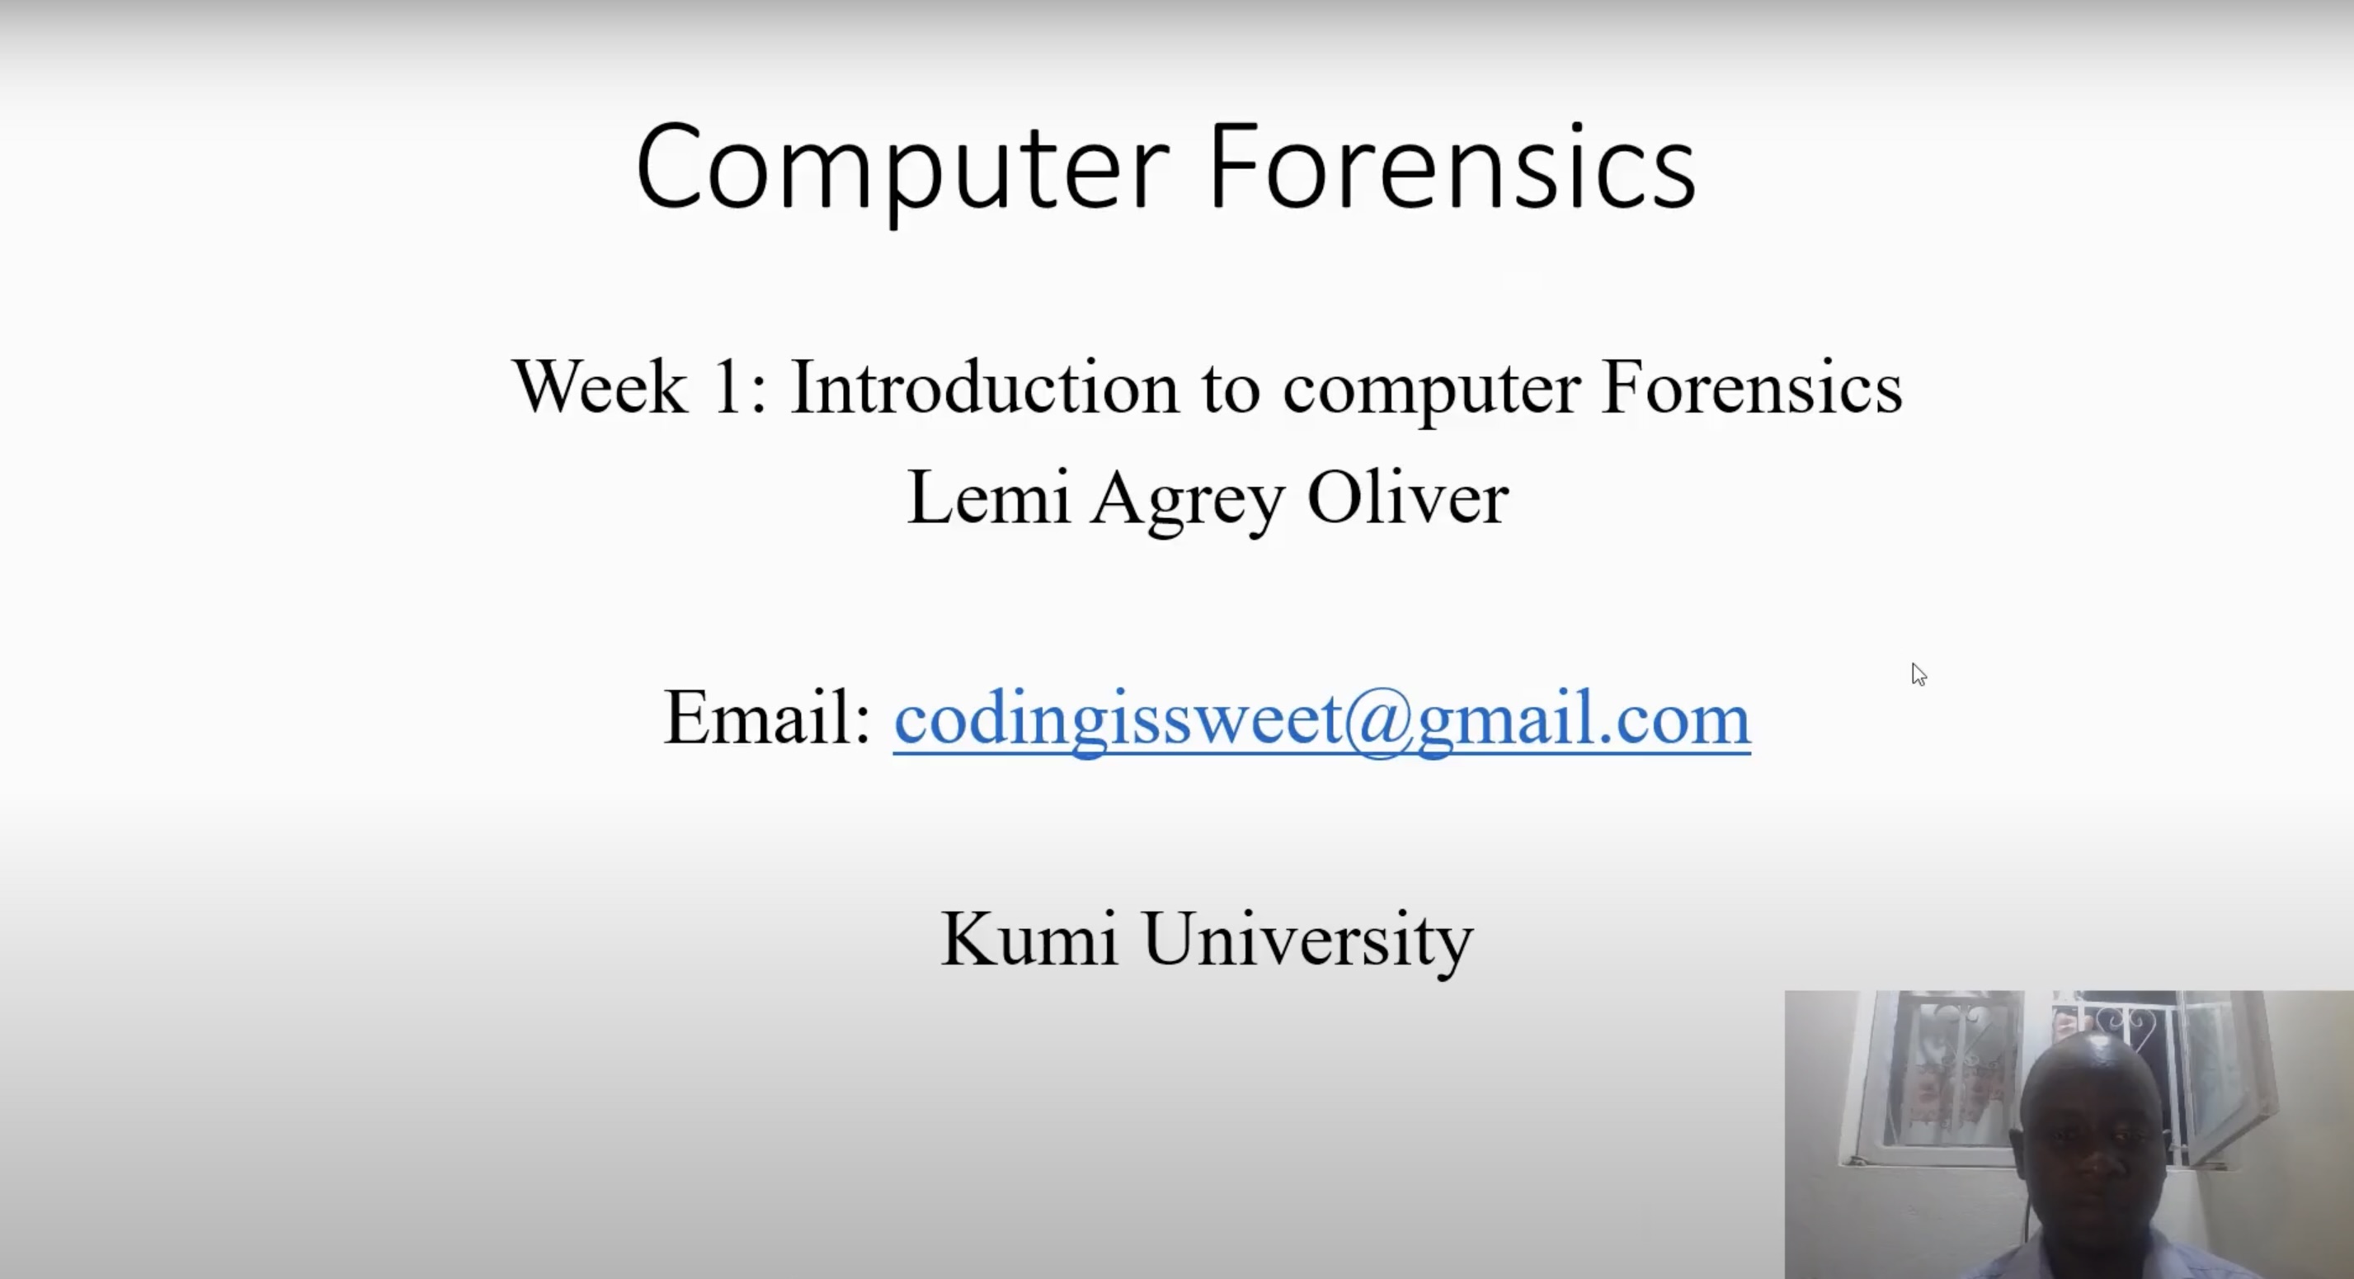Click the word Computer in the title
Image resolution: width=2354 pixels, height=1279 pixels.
coord(902,171)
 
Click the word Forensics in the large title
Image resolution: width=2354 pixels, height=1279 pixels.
coord(1452,167)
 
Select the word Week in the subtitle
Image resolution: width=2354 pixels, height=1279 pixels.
coord(600,387)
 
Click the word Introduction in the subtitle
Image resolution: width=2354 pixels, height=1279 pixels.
coord(984,387)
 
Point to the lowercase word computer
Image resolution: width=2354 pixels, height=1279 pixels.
coord(1431,391)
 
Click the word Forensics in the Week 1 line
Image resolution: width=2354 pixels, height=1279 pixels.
coord(1752,387)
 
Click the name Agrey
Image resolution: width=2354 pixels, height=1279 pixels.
coord(1187,501)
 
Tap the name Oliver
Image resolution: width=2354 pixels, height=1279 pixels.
coord(1407,498)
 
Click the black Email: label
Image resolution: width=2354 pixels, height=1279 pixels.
coord(767,718)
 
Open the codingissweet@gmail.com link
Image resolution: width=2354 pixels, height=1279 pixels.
coord(1321,722)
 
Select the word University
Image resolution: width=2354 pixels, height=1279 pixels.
coord(1307,942)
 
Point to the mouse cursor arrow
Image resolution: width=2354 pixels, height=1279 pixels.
coord(1919,674)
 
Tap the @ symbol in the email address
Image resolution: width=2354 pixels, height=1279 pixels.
coord(1379,722)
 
